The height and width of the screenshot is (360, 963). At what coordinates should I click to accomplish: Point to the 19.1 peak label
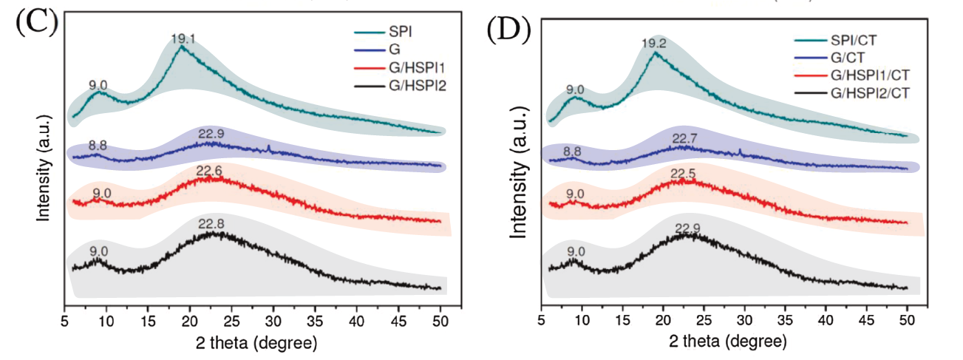pos(182,39)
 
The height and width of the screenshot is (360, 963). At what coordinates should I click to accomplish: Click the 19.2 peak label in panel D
pos(654,44)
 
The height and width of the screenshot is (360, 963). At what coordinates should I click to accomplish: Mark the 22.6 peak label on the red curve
pos(211,169)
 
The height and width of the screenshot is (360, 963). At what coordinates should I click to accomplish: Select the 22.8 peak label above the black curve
pos(211,223)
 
